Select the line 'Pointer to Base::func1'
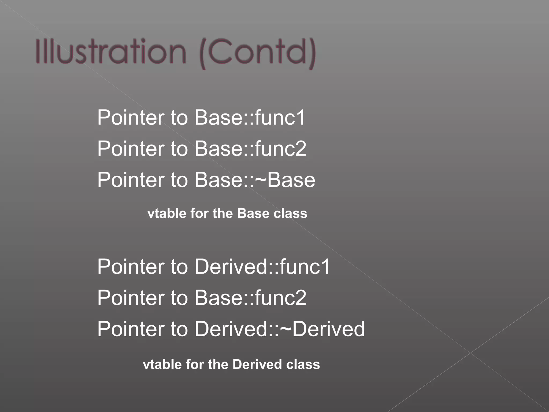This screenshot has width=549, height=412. point(201,117)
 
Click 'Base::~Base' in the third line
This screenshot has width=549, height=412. point(255,180)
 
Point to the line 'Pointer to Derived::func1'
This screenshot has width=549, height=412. point(213,267)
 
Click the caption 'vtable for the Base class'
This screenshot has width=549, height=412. point(227,214)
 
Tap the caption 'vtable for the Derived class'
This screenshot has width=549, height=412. point(231,365)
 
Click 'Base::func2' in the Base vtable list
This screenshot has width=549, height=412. point(250,149)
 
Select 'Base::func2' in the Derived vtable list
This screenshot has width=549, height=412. point(250,298)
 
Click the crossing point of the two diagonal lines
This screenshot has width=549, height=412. point(470,353)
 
